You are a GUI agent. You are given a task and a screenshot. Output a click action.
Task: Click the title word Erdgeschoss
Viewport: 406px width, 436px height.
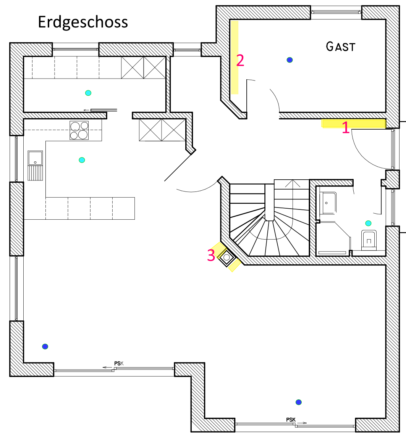[x=83, y=22]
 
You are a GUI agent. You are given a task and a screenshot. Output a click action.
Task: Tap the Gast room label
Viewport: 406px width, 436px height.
[x=340, y=47]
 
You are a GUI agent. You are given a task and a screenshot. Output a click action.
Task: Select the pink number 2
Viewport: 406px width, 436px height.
[x=240, y=61]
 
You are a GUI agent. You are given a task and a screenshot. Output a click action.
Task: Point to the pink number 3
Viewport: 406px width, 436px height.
[x=211, y=256]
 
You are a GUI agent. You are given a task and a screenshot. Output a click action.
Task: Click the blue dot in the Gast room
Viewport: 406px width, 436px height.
[x=290, y=60]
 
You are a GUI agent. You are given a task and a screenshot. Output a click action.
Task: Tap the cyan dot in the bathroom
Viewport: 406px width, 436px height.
[x=368, y=223]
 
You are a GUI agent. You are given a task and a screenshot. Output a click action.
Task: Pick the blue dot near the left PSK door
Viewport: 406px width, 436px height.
[x=45, y=346]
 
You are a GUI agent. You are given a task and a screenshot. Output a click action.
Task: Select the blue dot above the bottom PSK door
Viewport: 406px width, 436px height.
[x=299, y=402]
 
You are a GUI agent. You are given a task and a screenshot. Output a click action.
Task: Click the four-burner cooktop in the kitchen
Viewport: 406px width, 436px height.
[x=79, y=130]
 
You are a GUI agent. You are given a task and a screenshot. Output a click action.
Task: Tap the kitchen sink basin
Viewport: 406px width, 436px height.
[x=36, y=158]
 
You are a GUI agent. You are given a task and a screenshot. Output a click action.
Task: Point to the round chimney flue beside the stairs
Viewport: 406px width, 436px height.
[x=227, y=257]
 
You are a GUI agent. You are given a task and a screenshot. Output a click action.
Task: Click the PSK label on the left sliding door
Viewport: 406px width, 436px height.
[x=119, y=364]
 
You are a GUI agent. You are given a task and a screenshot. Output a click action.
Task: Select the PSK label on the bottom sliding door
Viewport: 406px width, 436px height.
[x=291, y=420]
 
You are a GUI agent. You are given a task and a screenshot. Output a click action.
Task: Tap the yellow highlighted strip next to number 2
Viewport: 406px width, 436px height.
[x=235, y=57]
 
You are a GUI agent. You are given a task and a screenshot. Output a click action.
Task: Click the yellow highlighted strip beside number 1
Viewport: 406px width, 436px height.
[x=353, y=123]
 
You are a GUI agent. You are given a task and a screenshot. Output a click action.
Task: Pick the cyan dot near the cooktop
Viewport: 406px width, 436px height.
[x=82, y=160]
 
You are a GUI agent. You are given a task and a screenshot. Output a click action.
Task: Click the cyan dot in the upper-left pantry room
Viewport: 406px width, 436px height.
[x=88, y=93]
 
